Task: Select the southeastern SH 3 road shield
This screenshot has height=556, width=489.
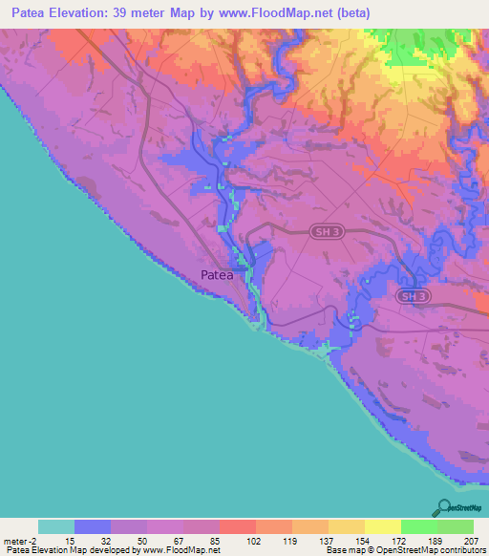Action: (410, 297)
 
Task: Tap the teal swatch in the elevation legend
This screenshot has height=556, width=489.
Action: (56, 526)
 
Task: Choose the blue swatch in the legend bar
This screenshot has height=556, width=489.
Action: (93, 526)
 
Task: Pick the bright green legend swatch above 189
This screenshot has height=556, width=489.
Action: (418, 526)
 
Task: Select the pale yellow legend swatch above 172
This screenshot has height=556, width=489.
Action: (382, 526)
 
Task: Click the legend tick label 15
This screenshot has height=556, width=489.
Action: (74, 542)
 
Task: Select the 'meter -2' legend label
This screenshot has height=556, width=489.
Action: (19, 542)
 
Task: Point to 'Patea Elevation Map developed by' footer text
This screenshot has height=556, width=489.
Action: (66, 550)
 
